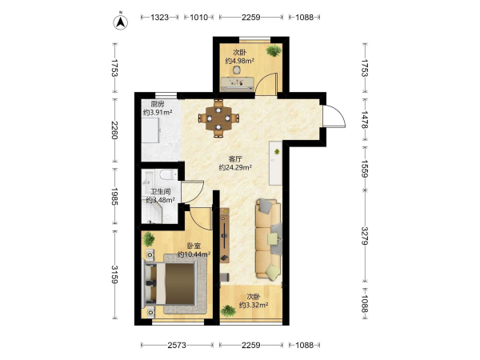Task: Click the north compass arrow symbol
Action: click(121, 22)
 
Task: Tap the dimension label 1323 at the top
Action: click(159, 18)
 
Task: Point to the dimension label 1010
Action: click(198, 18)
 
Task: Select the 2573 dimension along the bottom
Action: click(177, 346)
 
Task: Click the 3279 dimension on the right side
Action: click(364, 236)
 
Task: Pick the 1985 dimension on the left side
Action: click(114, 196)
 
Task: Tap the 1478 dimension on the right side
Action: click(364, 119)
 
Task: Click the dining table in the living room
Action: click(218, 118)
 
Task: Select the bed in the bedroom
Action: click(170, 284)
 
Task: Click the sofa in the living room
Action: click(269, 239)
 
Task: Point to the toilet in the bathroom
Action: click(168, 174)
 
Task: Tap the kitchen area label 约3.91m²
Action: click(158, 112)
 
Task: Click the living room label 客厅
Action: click(235, 159)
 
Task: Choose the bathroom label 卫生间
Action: click(161, 192)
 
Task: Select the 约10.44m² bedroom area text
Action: click(194, 254)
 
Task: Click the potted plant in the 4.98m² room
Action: click(274, 50)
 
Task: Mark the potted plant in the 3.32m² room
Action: click(228, 311)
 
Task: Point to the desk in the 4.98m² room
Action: click(238, 84)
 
